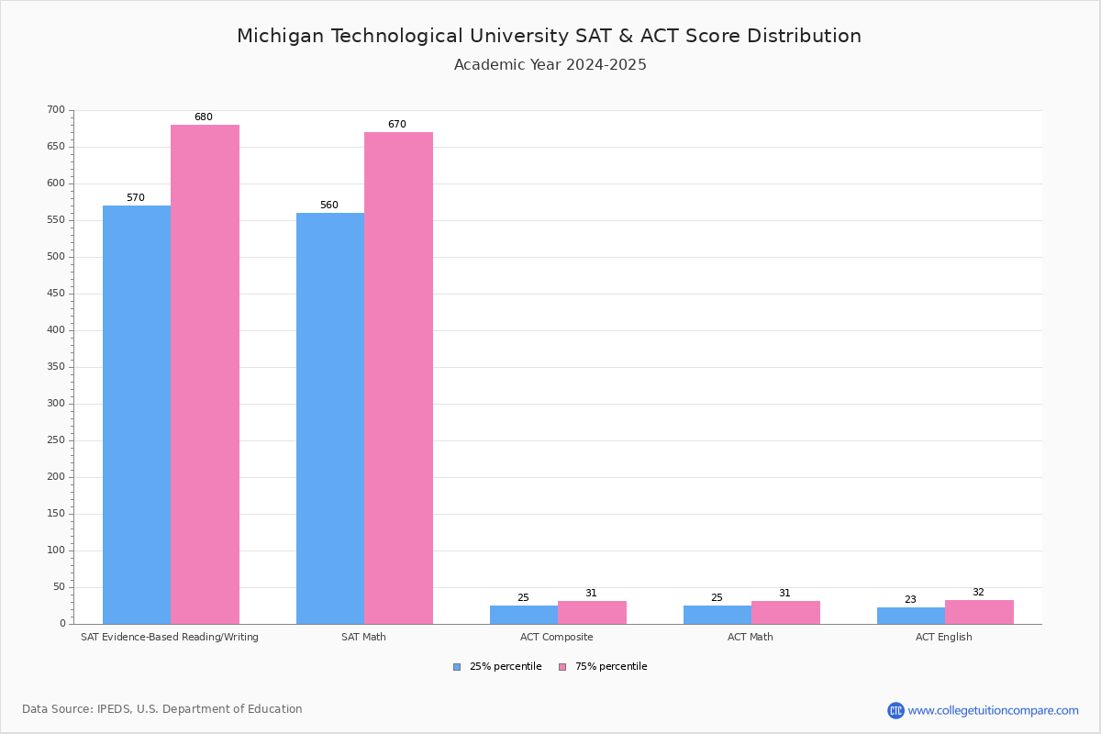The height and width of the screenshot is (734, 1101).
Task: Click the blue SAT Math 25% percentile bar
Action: [330, 417]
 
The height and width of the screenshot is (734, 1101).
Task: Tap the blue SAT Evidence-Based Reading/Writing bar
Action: [137, 414]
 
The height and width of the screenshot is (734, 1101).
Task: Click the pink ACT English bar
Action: [979, 612]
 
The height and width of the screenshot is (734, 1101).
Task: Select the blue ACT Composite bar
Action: [524, 615]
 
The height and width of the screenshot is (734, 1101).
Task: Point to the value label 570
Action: [136, 198]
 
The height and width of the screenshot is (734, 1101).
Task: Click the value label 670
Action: [396, 125]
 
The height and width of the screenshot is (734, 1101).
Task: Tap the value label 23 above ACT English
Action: [910, 600]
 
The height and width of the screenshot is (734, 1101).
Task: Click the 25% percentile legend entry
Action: [497, 667]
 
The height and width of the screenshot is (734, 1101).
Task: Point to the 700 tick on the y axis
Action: [56, 110]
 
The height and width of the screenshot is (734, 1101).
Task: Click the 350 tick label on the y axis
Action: [56, 367]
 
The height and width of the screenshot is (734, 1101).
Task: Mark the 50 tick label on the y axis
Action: [59, 587]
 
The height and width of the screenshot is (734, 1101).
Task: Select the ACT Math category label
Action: [751, 637]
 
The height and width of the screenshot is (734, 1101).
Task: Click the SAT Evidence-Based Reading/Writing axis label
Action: [170, 637]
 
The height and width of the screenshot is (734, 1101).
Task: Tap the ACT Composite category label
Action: [557, 637]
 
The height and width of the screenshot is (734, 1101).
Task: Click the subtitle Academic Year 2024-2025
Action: [550, 65]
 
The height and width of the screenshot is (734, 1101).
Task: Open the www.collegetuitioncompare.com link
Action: [993, 710]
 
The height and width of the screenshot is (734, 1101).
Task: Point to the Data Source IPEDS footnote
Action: [162, 709]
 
